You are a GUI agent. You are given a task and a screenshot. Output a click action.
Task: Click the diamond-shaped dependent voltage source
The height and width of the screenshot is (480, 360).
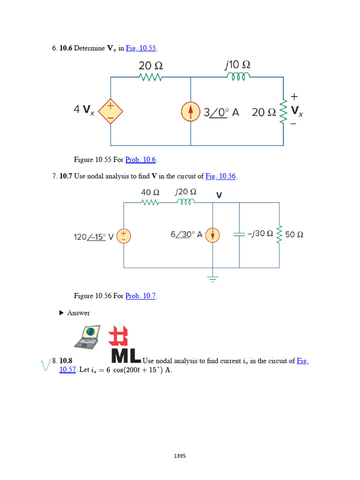click(111, 112)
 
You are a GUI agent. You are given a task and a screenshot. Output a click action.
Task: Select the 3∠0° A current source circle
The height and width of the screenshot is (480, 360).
click(191, 112)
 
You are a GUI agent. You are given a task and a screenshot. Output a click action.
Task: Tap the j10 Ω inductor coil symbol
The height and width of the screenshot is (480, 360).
click(239, 77)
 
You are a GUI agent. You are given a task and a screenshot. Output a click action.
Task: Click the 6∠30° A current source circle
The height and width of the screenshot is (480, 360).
click(213, 235)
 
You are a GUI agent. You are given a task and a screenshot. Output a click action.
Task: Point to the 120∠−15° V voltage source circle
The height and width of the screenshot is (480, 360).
click(124, 235)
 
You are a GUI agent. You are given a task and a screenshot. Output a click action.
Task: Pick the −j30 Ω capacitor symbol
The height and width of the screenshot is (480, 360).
click(240, 234)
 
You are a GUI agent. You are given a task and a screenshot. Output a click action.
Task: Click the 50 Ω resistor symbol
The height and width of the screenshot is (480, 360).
click(279, 234)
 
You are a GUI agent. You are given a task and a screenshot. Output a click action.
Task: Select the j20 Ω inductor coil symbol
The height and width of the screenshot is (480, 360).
click(185, 202)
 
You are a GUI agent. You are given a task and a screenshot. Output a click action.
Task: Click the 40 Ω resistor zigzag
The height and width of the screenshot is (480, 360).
click(150, 202)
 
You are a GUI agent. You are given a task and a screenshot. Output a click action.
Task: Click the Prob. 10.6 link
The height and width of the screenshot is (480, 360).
click(138, 159)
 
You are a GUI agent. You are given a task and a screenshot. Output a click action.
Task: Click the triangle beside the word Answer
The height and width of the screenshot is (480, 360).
click(61, 313)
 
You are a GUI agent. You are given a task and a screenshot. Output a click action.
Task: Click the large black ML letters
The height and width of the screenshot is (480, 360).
click(126, 355)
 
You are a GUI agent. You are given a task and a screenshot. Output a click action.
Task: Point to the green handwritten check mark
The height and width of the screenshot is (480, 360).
click(45, 364)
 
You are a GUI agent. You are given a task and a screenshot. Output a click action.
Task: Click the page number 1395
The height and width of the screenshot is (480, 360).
click(180, 455)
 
